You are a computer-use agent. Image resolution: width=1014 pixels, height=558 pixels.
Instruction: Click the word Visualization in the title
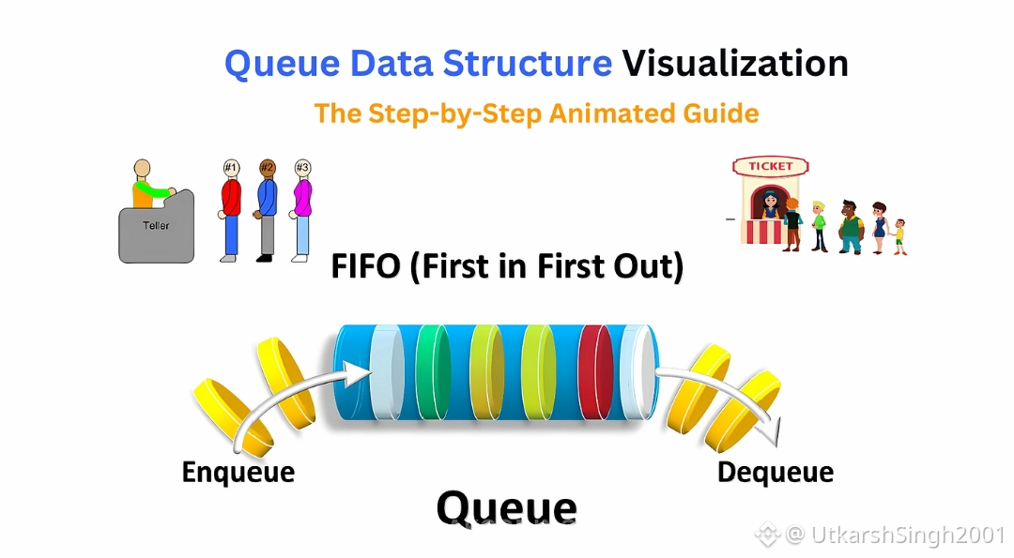[x=735, y=64]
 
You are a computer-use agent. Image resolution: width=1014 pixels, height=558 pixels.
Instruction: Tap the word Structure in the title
[x=527, y=64]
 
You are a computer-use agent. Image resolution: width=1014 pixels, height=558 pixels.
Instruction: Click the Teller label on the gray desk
[x=156, y=226]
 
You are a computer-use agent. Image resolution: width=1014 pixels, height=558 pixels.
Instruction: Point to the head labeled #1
[x=231, y=168]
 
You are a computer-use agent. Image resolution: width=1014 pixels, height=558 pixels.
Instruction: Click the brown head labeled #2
[x=268, y=168]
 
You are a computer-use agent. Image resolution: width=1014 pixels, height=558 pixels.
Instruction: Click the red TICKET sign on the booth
[x=770, y=166]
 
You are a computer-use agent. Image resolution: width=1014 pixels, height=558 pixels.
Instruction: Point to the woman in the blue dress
[x=879, y=225]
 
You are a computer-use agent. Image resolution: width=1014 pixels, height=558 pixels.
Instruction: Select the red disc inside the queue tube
[x=594, y=372]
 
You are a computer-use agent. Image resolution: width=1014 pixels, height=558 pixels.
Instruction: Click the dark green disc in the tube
[x=432, y=372]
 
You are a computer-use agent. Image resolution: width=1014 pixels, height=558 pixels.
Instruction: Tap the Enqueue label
[x=238, y=472]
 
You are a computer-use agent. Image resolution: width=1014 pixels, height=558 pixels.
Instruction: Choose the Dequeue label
[x=775, y=472]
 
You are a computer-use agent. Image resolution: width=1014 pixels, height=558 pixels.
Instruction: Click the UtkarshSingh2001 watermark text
[x=905, y=535]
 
